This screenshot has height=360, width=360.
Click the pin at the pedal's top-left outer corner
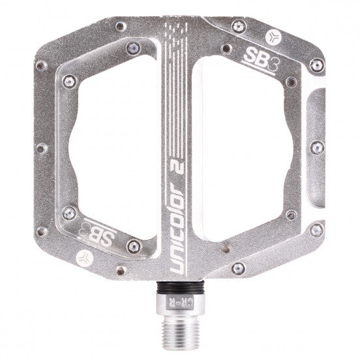[43, 65]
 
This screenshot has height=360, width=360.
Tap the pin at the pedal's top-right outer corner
[317, 65]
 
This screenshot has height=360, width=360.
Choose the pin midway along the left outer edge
[42, 149]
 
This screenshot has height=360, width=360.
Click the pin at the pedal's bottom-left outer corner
[42, 231]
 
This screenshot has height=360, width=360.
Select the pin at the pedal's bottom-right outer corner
[317, 229]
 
